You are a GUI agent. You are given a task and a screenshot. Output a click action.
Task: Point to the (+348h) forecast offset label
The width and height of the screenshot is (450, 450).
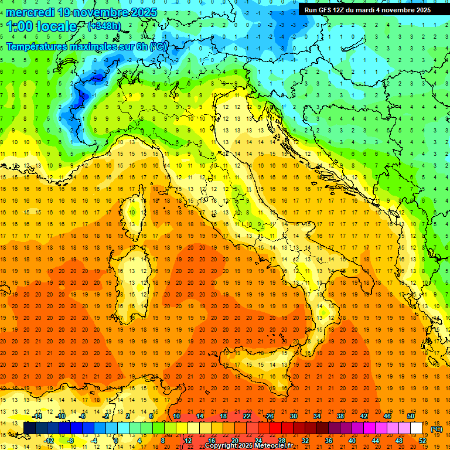click(x=105, y=26)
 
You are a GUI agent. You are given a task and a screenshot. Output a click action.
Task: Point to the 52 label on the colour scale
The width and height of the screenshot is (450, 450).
click(x=422, y=441)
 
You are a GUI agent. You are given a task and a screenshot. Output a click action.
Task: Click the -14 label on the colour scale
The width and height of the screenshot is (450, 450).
click(x=37, y=416)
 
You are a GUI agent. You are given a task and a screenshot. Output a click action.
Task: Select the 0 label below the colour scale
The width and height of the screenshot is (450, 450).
click(x=116, y=441)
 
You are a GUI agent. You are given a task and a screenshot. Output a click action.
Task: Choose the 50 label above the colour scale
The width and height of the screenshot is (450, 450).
click(x=410, y=416)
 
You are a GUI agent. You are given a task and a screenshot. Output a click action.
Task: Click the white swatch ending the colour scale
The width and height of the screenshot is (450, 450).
click(x=417, y=428)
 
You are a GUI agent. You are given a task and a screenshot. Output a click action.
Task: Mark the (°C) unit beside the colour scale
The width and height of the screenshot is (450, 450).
click(x=437, y=429)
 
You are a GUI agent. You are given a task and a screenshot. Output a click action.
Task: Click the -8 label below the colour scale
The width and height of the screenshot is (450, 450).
click(x=71, y=441)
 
